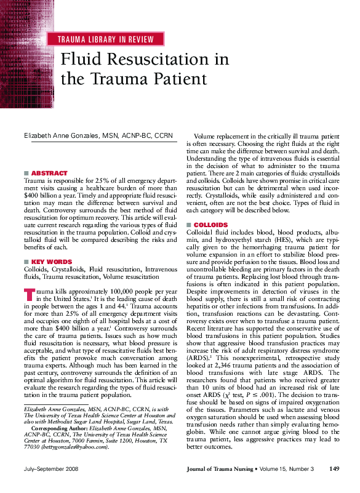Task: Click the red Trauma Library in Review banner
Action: [x=105, y=39]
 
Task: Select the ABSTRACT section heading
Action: [x=49, y=174]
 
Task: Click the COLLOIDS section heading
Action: [x=210, y=225]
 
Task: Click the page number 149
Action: [x=334, y=469]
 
